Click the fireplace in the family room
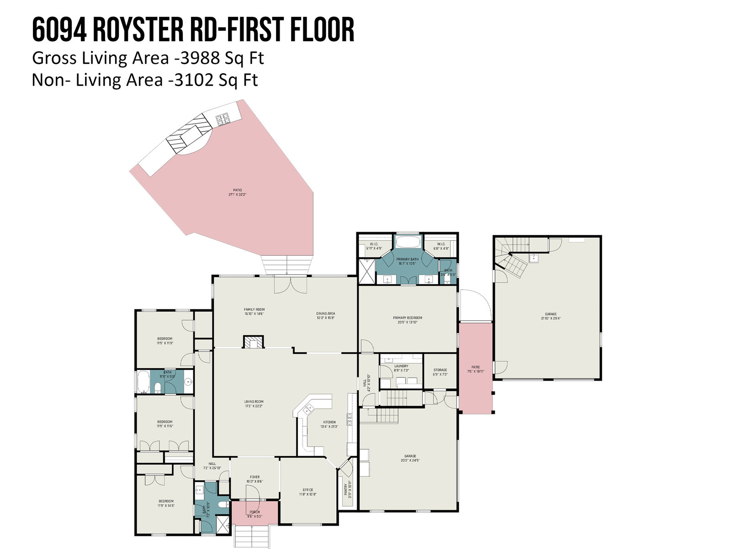click(253, 342)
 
